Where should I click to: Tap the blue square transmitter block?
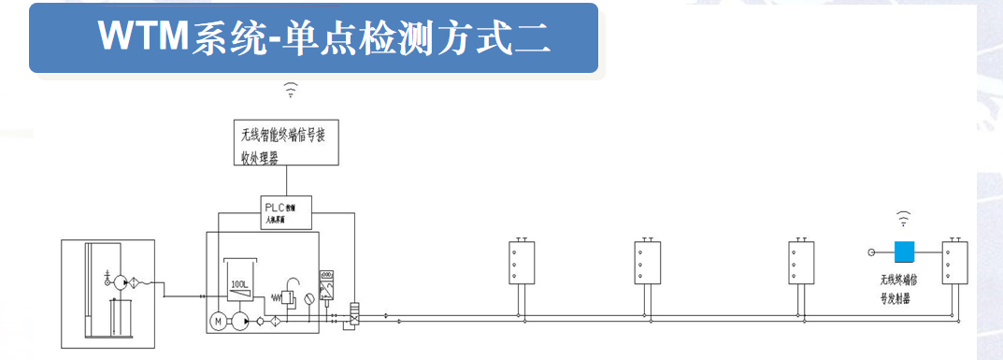pos(904,252)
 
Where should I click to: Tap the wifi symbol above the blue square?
pos(903,220)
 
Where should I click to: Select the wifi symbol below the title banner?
pos(292,90)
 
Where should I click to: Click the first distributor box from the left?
pos(522,263)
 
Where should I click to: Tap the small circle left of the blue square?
pos(871,252)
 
